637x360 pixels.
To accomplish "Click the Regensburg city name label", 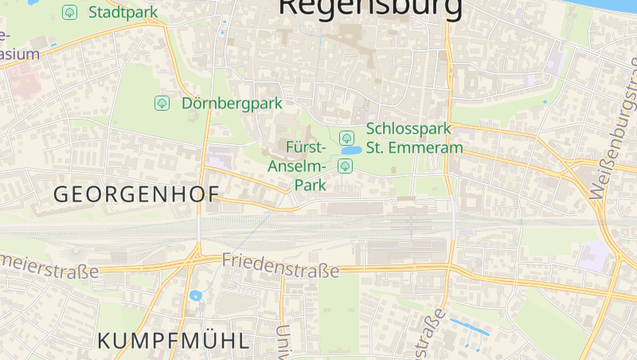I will pyautogui.click(x=370, y=8).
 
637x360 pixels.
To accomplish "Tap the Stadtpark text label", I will pyautogui.click(x=123, y=12).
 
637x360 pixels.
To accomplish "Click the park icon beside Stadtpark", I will pyautogui.click(x=70, y=12).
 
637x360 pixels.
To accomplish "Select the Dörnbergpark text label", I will pyautogui.click(x=221, y=104).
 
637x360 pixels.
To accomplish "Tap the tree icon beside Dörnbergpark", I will pyautogui.click(x=162, y=103).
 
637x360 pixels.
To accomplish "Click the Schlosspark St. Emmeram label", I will pyautogui.click(x=414, y=138).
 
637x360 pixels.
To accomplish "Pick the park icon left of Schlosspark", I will pyautogui.click(x=346, y=138).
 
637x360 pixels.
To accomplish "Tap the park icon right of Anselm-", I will pyautogui.click(x=345, y=166).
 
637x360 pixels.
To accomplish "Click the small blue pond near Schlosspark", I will pyautogui.click(x=350, y=151).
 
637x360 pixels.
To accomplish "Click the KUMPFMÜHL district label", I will pyautogui.click(x=173, y=341).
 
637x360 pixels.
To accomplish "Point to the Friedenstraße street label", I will pyautogui.click(x=280, y=265).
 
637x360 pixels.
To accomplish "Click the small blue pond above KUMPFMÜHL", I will pyautogui.click(x=196, y=295).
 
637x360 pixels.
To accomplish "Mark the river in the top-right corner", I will pyautogui.click(x=613, y=4).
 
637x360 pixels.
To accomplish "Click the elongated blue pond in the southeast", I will pyautogui.click(x=469, y=326).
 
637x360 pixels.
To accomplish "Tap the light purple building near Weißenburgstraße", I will pyautogui.click(x=593, y=256).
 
